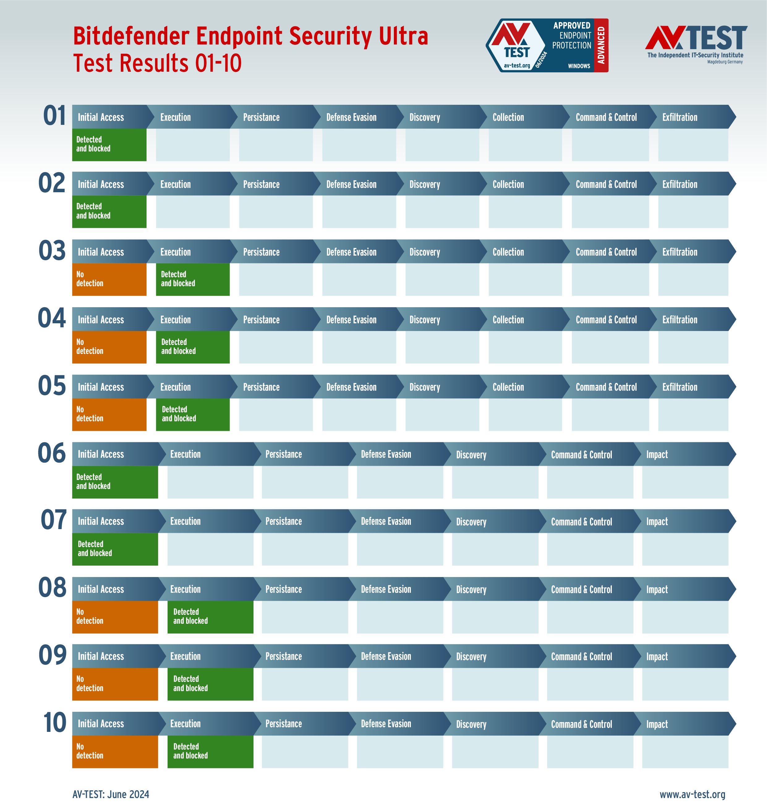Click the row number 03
pos(52,251)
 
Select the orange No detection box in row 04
pos(109,347)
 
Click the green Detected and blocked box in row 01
pos(109,144)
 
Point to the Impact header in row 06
pos(657,454)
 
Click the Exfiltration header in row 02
pos(680,184)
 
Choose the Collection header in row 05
pos(508,387)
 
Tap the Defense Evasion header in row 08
pos(386,589)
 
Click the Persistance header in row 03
pos(261,252)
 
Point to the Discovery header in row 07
pos(471,522)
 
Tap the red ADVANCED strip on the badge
pos(601,45)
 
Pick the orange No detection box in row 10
pos(115,751)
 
